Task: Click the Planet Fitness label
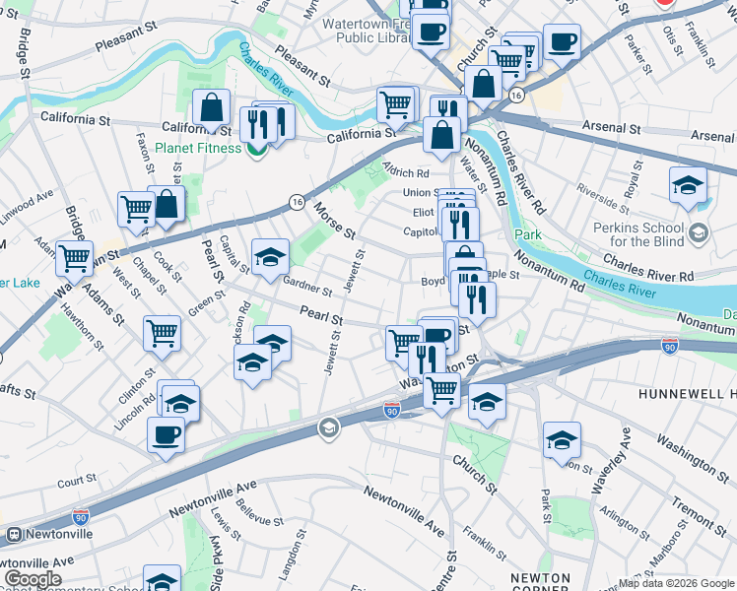click(x=197, y=148)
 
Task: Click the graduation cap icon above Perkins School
click(x=688, y=184)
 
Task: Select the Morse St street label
click(x=335, y=219)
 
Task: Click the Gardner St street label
click(x=306, y=288)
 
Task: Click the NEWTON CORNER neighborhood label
click(x=540, y=582)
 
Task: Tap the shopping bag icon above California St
click(x=211, y=107)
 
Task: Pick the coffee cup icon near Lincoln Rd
click(x=166, y=433)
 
